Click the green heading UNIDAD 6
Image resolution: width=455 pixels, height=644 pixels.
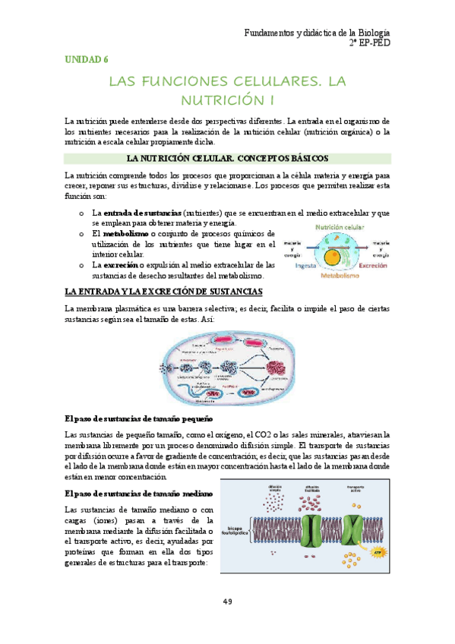coord(87,58)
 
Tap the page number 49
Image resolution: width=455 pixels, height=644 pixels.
coord(227,602)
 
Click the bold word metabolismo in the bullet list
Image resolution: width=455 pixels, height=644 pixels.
coord(130,234)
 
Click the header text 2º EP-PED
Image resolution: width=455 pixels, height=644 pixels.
coord(369,44)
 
